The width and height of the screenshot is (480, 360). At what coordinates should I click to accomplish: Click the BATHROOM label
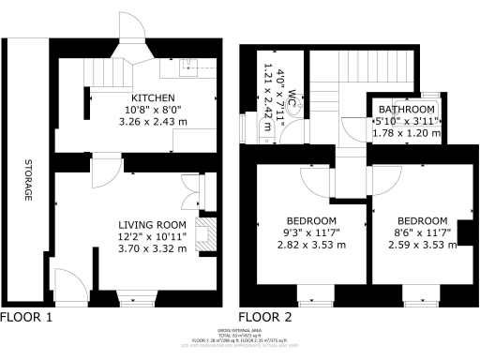[x=406, y=108]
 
